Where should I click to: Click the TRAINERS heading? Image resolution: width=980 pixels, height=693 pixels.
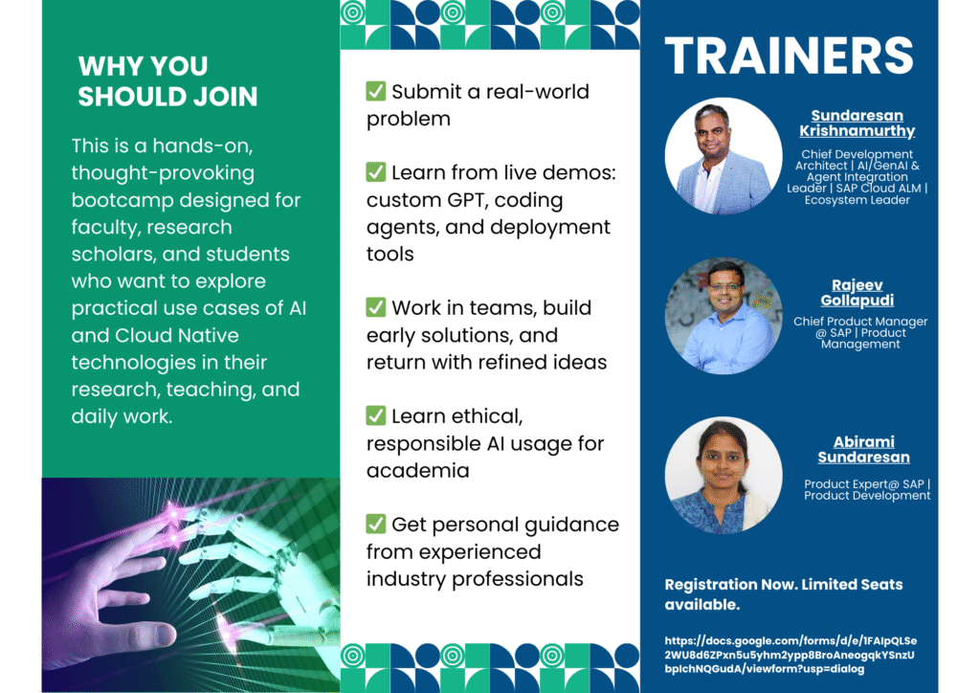(x=789, y=56)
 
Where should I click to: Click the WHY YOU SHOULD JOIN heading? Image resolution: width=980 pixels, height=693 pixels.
(x=167, y=81)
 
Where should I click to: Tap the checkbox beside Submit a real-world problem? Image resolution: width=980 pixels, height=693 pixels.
(x=375, y=91)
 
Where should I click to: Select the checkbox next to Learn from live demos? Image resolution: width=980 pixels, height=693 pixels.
(x=375, y=172)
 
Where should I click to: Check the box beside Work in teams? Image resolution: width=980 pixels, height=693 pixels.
(x=375, y=307)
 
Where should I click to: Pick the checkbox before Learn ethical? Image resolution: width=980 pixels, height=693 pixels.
(x=375, y=414)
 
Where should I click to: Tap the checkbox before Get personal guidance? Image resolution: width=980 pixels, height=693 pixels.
(x=375, y=524)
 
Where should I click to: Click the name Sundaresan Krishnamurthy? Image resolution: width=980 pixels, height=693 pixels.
(x=857, y=123)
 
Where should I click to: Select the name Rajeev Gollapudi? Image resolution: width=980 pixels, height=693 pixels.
(x=857, y=293)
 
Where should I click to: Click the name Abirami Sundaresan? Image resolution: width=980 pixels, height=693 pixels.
(x=864, y=449)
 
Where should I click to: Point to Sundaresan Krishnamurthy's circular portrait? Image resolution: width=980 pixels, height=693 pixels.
(x=724, y=156)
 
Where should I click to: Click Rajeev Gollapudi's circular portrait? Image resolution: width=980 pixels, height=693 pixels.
(x=724, y=316)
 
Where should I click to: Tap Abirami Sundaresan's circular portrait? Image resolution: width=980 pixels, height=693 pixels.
(x=724, y=475)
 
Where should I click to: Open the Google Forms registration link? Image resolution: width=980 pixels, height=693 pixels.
(x=791, y=655)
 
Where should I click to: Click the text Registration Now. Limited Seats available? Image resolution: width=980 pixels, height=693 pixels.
(x=784, y=594)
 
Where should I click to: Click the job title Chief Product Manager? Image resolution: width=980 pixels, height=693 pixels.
(x=860, y=322)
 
